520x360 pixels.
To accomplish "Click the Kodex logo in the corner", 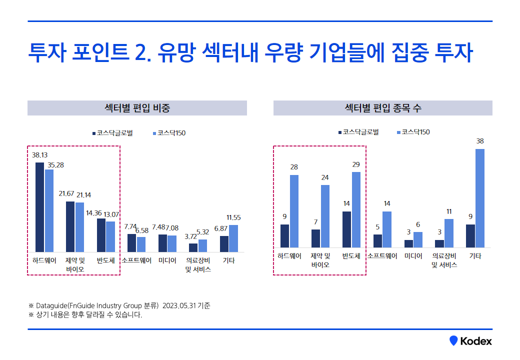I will coord(470,341).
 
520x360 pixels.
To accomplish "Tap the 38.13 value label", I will coord(39,155).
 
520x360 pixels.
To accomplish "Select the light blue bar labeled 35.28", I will coord(49,210).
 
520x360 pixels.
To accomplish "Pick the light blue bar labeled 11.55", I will coord(233,238).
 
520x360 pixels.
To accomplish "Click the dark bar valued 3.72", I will coord(193,247).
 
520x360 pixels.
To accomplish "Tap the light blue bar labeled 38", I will coord(480,198).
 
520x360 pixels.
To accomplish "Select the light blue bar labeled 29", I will coord(356,209).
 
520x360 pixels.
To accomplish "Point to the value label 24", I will coord(325,177).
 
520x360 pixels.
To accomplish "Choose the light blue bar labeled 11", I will coord(449,233).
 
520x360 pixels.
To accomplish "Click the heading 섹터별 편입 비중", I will coord(137,108).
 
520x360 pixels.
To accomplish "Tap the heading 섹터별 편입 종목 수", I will coord(383,108).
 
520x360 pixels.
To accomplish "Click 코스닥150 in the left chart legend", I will coord(171,133).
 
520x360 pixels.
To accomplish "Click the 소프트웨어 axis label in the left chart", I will coord(136,260).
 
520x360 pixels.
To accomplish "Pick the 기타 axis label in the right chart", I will coord(475,256).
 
